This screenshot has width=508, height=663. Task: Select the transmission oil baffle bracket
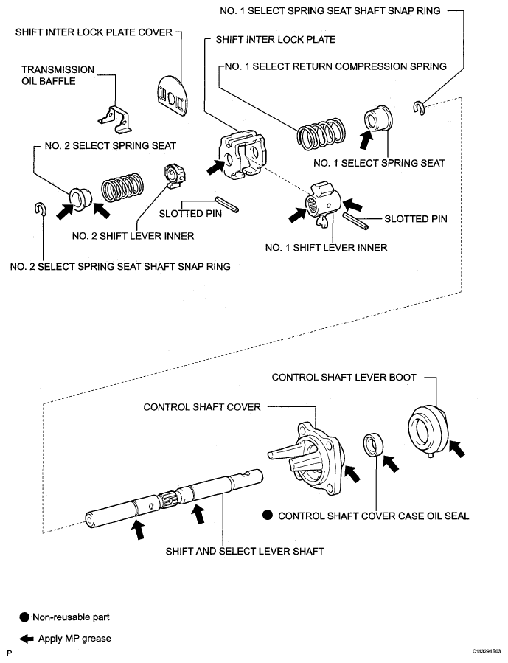(115, 119)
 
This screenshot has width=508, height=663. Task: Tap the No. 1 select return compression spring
(321, 134)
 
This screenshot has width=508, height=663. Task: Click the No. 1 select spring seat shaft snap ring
(418, 108)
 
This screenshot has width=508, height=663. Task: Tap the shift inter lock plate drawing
(242, 155)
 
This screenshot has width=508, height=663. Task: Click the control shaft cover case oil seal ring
(374, 445)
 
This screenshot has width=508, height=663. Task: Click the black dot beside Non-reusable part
(24, 617)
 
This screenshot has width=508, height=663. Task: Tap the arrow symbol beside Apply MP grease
(27, 639)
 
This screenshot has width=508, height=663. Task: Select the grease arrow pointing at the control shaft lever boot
(456, 448)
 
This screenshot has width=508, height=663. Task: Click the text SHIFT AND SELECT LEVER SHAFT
(245, 552)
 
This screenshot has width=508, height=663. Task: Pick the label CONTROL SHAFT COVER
(202, 407)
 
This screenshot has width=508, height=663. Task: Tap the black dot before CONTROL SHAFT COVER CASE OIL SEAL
(267, 516)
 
